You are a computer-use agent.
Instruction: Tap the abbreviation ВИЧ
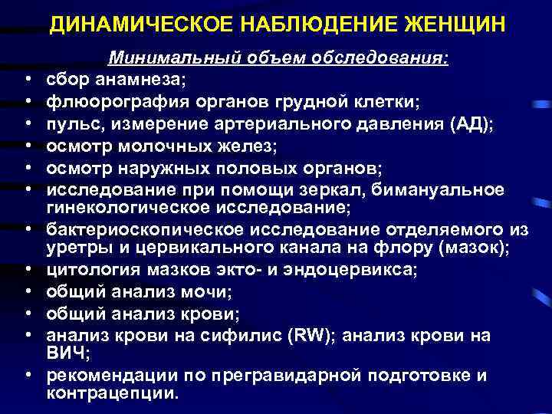66,354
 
